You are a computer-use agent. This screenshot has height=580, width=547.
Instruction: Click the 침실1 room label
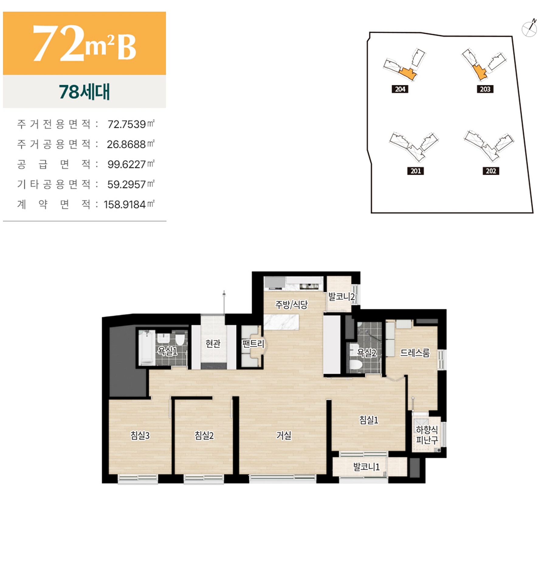pyautogui.click(x=369, y=420)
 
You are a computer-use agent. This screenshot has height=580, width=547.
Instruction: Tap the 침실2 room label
pyautogui.click(x=204, y=435)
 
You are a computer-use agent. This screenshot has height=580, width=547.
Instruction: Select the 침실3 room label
pyautogui.click(x=140, y=435)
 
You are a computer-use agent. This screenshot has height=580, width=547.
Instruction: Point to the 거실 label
pyautogui.click(x=284, y=435)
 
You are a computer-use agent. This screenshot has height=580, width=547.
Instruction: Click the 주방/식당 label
pyautogui.click(x=291, y=304)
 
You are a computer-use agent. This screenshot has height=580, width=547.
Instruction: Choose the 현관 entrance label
pyautogui.click(x=213, y=344)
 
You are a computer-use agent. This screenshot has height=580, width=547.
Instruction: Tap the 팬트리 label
pyautogui.click(x=253, y=344)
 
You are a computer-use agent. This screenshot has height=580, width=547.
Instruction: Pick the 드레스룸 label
pyautogui.click(x=415, y=353)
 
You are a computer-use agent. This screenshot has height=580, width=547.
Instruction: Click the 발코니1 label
pyautogui.click(x=366, y=467)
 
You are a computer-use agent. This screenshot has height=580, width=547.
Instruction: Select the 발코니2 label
pyautogui.click(x=341, y=296)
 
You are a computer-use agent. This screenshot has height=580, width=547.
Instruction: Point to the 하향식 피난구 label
pyautogui.click(x=427, y=435)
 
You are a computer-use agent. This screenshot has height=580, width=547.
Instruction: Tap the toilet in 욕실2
pyautogui.click(x=356, y=365)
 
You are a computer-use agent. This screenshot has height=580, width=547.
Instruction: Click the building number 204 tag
pyautogui.click(x=400, y=89)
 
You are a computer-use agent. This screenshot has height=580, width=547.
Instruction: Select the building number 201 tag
pyautogui.click(x=415, y=171)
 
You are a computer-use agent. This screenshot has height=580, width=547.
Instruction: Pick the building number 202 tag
pyautogui.click(x=491, y=171)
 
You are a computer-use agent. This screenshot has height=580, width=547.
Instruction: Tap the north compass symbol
pyautogui.click(x=529, y=29)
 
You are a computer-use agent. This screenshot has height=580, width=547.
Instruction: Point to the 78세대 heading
pyautogui.click(x=84, y=91)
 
